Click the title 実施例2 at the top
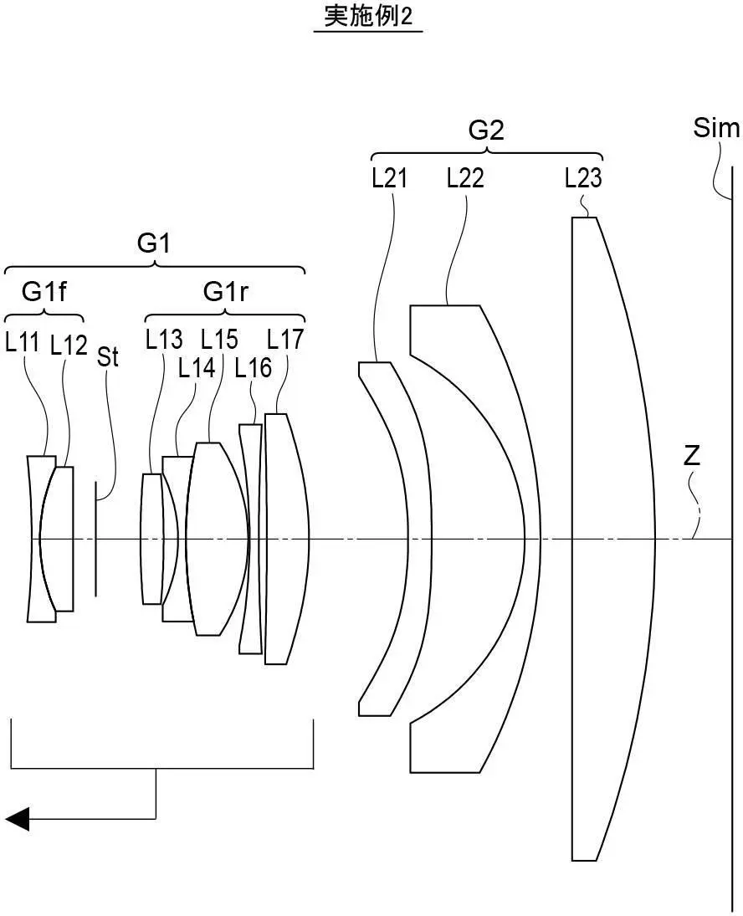click(368, 17)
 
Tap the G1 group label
click(154, 244)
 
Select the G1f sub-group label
click(44, 292)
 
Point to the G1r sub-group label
click(226, 292)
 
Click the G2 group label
click(486, 130)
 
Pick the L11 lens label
click(23, 342)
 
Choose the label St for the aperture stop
click(108, 357)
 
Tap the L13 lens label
click(164, 340)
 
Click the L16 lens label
click(253, 367)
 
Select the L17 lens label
click(285, 340)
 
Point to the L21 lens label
click(390, 178)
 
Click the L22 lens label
click(465, 178)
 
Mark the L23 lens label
click(583, 178)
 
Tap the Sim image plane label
click(716, 129)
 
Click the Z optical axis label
click(692, 457)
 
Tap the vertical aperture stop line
click(95, 539)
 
